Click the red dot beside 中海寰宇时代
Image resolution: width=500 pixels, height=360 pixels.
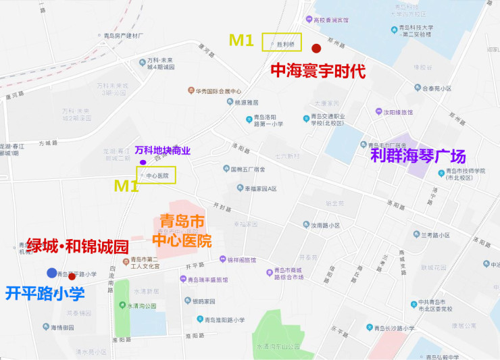[316, 48]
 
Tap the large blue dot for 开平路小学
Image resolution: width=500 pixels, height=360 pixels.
[52, 273]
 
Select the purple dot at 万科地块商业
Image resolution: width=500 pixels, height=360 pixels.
[143, 162]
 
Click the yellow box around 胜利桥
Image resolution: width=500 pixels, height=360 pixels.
[282, 42]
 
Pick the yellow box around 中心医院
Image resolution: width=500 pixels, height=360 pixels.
[157, 175]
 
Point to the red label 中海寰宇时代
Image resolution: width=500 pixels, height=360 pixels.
[318, 71]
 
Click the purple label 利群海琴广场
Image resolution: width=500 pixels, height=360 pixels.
[418, 157]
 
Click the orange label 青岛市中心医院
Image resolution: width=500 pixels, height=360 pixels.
[182, 231]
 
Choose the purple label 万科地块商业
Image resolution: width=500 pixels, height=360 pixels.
[163, 150]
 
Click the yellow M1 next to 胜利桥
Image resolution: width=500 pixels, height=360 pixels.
[241, 41]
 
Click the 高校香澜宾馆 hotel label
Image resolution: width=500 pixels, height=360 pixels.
[330, 20]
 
